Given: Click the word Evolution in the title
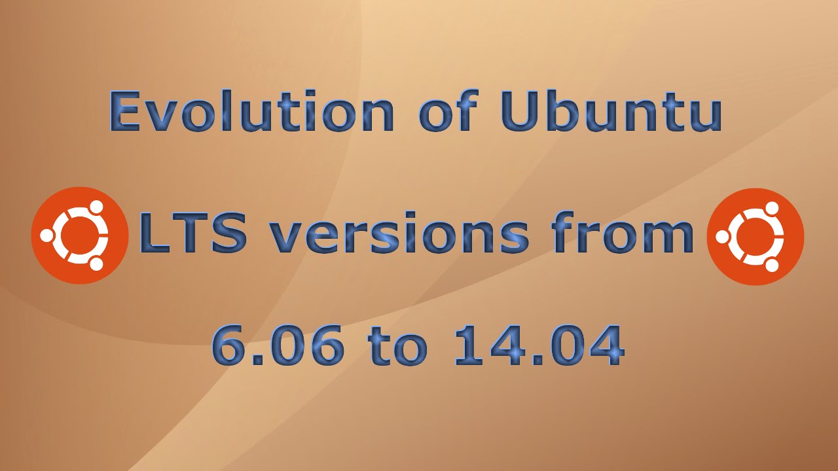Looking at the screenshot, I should point(252,111).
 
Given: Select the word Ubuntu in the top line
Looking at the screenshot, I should point(611,111).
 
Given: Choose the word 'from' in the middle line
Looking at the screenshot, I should point(622,235).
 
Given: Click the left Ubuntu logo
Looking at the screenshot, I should point(80,235).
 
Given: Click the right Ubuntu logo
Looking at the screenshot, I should point(756,237).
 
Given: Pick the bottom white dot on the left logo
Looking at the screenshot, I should point(96,263).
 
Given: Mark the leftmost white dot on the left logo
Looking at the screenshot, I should point(47,235).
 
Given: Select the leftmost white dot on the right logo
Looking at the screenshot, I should point(723,237).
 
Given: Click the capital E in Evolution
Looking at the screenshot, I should point(126,111).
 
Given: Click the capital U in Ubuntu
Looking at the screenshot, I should point(522,111).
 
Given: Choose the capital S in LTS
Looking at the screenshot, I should point(229,235).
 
